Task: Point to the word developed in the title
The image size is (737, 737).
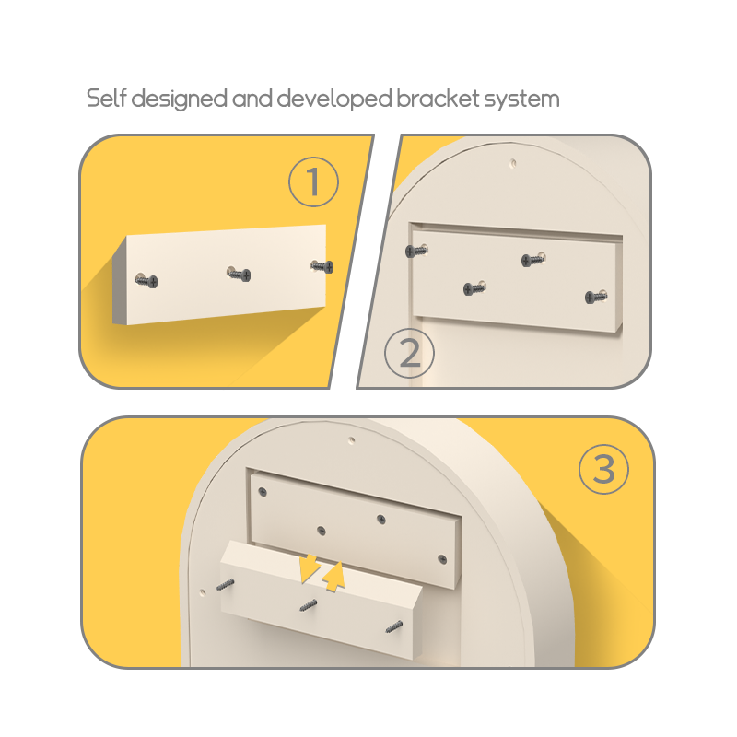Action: tap(334, 99)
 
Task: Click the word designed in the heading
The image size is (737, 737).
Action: tap(179, 99)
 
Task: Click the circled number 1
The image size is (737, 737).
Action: tap(313, 181)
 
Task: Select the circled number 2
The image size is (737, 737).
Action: tap(409, 353)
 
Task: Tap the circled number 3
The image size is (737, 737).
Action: tap(604, 469)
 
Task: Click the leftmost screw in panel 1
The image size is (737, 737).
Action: tap(146, 281)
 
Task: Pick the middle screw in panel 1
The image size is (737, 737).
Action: tap(240, 274)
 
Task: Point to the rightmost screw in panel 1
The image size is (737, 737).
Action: tap(322, 266)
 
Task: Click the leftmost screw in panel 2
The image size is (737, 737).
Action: tap(416, 251)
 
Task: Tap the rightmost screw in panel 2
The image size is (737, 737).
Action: tap(596, 297)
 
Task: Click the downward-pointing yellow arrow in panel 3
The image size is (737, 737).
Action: tap(309, 567)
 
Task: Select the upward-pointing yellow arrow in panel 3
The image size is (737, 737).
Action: tap(334, 577)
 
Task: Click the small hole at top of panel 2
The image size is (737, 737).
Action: tap(513, 163)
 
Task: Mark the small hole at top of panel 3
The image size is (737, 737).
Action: tap(352, 440)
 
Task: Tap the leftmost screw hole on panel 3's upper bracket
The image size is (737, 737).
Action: tap(263, 492)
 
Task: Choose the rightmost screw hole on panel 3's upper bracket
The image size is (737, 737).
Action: tap(442, 559)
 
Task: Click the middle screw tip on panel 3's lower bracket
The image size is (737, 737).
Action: tap(309, 606)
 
